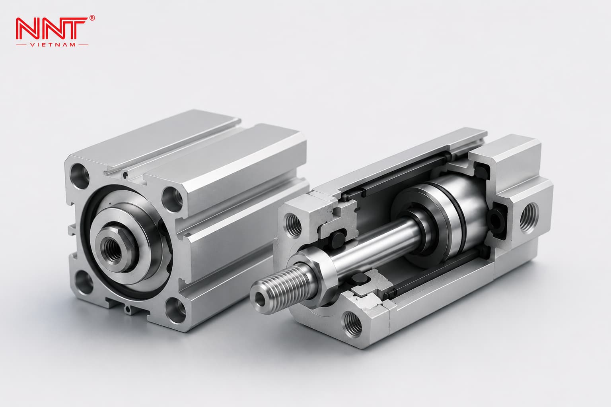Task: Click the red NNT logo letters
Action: point(52,29)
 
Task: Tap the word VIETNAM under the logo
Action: point(52,45)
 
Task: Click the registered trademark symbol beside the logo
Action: point(92,18)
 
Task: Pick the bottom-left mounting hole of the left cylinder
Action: point(84,283)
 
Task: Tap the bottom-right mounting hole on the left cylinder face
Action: point(176,310)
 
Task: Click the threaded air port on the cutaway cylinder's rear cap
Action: point(529,218)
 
